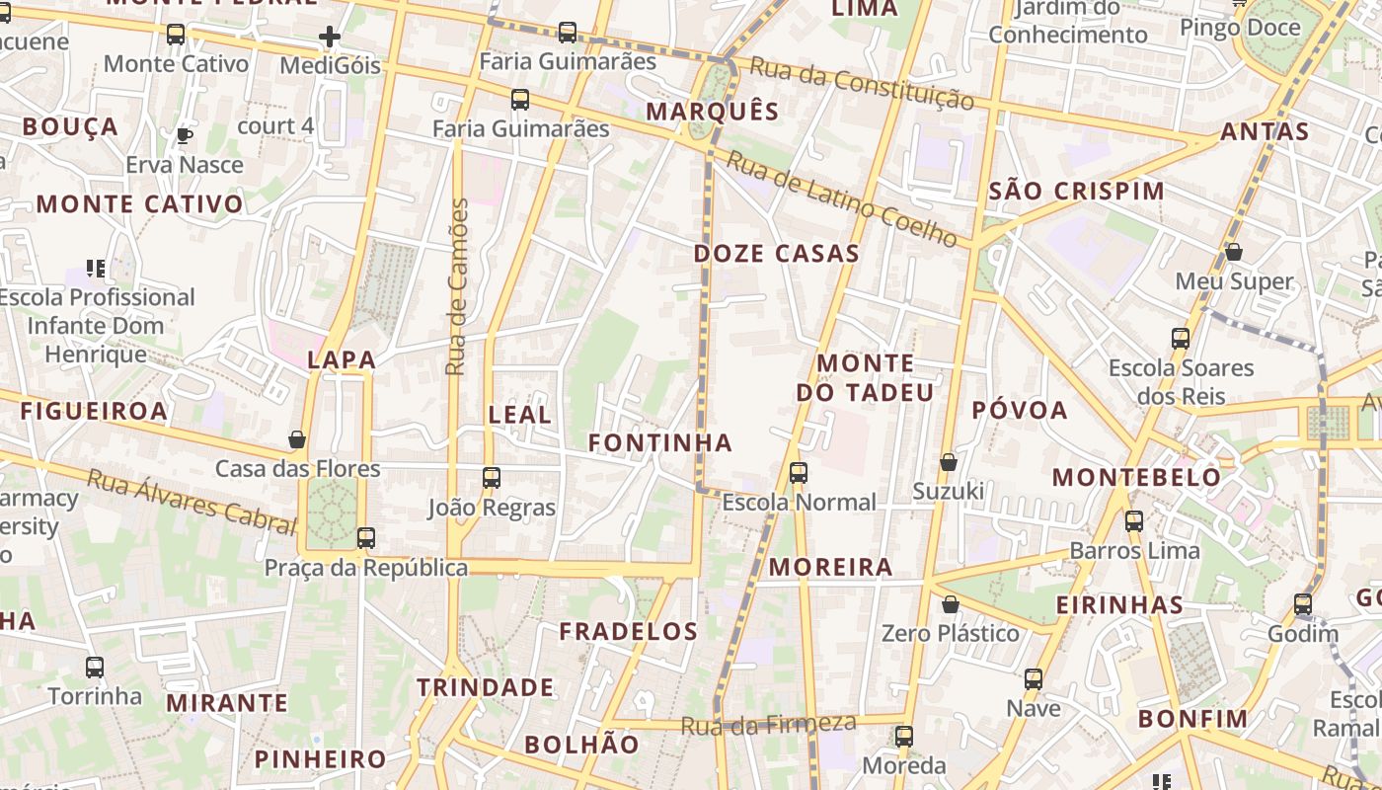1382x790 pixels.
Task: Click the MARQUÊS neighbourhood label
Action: (x=713, y=112)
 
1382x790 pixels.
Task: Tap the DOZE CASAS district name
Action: (x=776, y=254)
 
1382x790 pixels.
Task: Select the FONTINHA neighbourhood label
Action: (x=660, y=443)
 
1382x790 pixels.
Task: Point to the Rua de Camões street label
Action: (x=457, y=286)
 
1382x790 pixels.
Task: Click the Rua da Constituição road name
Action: (x=861, y=82)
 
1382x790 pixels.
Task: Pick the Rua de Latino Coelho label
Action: (x=841, y=197)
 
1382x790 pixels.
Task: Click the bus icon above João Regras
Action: (x=492, y=478)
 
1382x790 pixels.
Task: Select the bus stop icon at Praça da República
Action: (x=366, y=538)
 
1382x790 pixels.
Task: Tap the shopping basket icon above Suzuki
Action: (x=949, y=461)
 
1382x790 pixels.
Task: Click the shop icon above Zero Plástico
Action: (x=951, y=603)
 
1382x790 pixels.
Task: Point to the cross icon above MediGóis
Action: (x=330, y=38)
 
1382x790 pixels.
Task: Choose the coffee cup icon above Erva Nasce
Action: (x=184, y=135)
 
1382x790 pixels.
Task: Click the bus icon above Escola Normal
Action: (x=799, y=473)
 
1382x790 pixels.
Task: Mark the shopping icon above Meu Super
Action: (x=1234, y=252)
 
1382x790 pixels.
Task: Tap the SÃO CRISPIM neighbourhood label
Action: (x=1076, y=192)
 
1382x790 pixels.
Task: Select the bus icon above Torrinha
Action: (x=95, y=667)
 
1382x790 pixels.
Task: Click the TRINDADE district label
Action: (x=485, y=687)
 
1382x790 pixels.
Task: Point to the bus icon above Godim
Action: (x=1303, y=603)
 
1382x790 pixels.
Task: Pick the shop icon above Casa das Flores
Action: (x=297, y=438)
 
